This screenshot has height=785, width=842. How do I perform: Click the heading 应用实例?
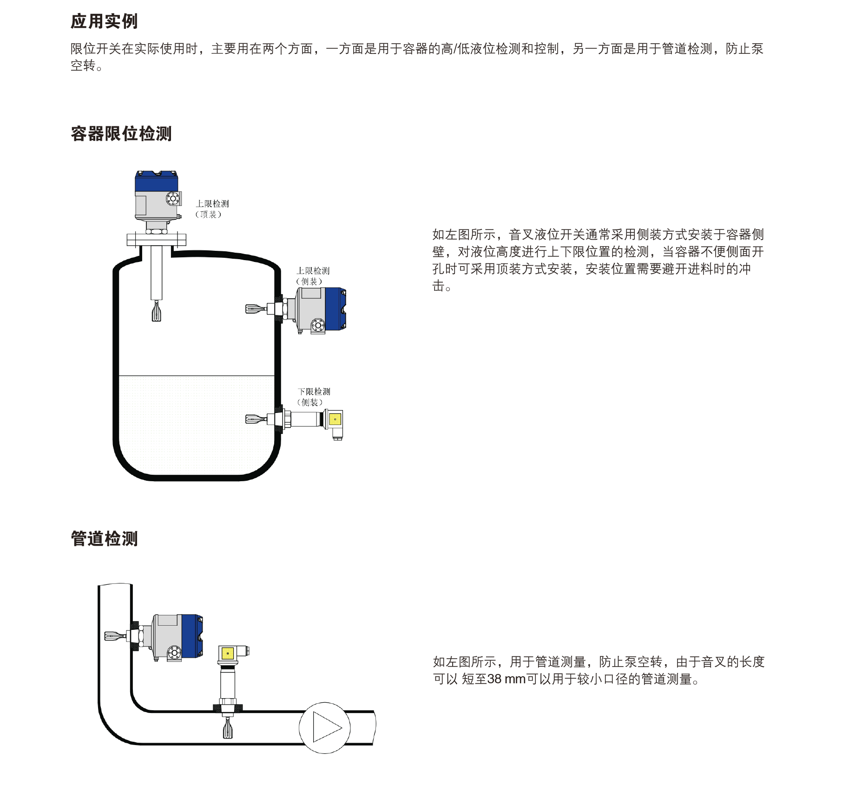coord(104,21)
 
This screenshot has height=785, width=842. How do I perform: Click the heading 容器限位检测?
coord(121,134)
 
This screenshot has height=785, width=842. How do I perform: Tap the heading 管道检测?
coord(104,539)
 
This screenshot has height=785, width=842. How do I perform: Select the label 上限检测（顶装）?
coord(212,209)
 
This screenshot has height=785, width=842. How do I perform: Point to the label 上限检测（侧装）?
coord(313,276)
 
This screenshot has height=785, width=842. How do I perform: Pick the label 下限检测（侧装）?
coord(314,397)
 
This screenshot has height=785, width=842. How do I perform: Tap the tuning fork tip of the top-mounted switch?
coord(157,312)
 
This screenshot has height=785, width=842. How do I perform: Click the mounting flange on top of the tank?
coord(156,240)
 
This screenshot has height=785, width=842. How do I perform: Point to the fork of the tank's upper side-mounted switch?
coord(256,308)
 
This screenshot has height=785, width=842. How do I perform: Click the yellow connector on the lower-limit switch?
coord(335,419)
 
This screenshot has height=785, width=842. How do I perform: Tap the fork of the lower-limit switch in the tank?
coord(256,419)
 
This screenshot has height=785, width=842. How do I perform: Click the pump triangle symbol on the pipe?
coord(326,727)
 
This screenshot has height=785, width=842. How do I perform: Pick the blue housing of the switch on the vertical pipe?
coord(191,635)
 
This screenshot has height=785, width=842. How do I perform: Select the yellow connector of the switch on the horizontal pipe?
coord(228,654)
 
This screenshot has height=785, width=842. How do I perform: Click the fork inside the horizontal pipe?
coord(228,728)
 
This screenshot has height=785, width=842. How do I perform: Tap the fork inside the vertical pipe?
coord(115,636)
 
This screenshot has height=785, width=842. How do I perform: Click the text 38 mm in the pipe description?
coord(507,679)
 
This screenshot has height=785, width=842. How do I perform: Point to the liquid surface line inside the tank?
coord(196,375)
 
